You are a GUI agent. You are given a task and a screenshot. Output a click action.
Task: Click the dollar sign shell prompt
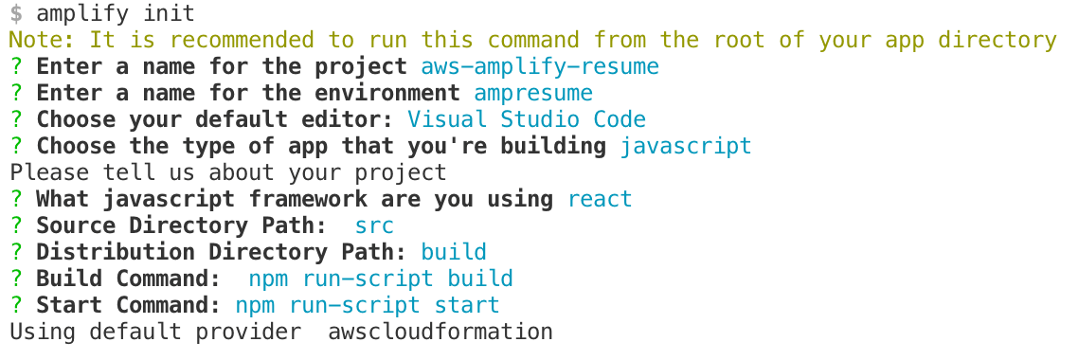[16, 13]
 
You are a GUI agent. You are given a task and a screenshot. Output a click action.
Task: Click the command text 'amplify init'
[116, 13]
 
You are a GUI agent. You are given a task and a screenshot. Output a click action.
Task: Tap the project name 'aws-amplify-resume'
[540, 66]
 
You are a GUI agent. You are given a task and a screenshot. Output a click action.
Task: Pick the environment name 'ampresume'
[533, 93]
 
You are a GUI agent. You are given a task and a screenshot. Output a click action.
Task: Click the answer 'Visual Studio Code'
[527, 119]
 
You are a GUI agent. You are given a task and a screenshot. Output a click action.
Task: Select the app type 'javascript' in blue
[686, 146]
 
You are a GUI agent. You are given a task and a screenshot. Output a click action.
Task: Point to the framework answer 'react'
[600, 199]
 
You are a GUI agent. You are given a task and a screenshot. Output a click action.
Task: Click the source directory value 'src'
[374, 225]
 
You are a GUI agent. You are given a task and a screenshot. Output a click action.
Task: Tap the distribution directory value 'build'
[454, 252]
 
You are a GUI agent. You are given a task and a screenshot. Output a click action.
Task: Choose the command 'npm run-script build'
[381, 279]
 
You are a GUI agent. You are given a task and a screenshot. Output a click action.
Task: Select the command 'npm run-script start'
[368, 305]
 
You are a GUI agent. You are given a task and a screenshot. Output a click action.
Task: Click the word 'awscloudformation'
[440, 332]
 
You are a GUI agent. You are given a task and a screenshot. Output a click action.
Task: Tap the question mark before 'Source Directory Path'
[16, 225]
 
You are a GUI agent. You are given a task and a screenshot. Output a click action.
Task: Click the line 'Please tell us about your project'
[228, 172]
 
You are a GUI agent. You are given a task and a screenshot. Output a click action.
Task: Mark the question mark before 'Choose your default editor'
[16, 119]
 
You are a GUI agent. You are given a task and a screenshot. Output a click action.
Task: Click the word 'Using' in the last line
[43, 332]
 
